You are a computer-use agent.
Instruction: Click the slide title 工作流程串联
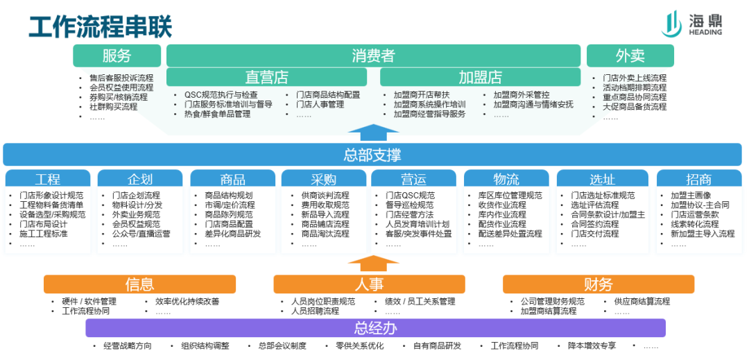100,26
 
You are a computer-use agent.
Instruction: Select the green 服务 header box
117,56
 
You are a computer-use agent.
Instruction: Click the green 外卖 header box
630,56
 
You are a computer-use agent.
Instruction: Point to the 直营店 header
266,77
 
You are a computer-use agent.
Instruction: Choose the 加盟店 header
480,77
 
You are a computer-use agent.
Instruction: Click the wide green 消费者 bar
373,55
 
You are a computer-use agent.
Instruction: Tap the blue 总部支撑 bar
372,155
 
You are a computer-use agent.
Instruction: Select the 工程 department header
48,179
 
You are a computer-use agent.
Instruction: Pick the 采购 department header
323,179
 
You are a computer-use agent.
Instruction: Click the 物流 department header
506,179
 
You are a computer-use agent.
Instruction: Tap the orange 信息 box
139,284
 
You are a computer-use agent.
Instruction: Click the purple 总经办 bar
375,328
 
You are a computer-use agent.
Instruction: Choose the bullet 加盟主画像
690,196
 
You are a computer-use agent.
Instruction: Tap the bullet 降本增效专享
592,346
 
